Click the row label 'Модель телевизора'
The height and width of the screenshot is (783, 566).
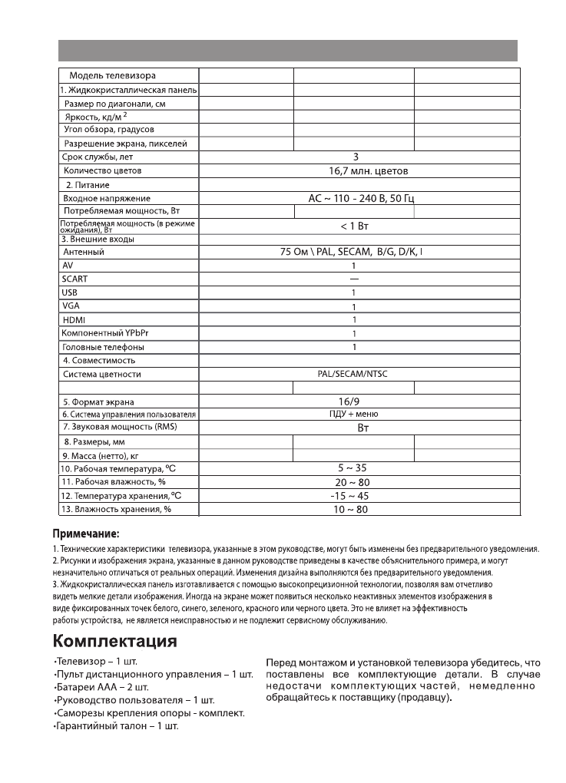click(x=112, y=75)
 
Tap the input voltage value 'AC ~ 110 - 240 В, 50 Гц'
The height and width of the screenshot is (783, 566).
click(x=366, y=198)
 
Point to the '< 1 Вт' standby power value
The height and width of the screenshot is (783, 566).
click(x=355, y=226)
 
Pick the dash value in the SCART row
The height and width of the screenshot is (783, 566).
click(x=354, y=279)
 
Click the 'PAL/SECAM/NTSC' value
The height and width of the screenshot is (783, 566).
click(x=353, y=375)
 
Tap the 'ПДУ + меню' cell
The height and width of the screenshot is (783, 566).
click(x=354, y=414)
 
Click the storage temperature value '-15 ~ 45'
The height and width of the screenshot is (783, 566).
click(x=354, y=495)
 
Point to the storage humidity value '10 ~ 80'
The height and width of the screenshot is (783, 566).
click(x=354, y=509)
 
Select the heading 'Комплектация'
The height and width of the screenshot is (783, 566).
click(x=114, y=641)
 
